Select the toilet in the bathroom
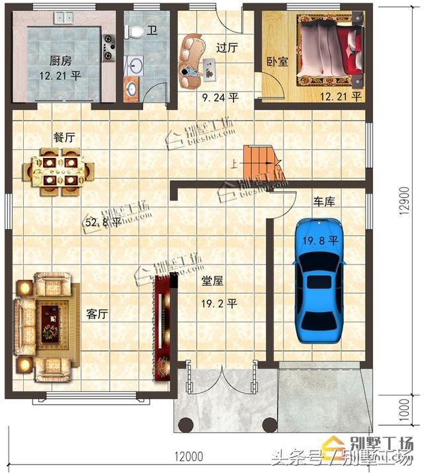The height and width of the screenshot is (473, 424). (135, 32)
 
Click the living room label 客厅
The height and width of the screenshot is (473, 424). (97, 314)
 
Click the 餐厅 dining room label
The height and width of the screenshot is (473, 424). (64, 137)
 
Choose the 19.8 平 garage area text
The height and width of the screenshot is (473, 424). (321, 240)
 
